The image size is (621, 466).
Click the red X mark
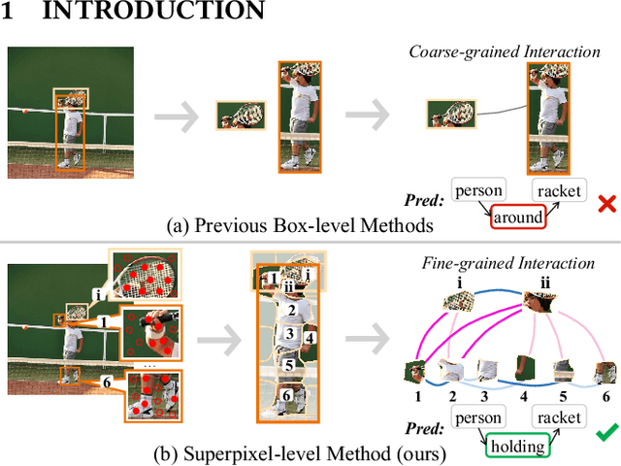607,204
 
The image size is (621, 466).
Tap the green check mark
607,433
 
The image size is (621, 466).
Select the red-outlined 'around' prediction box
517,217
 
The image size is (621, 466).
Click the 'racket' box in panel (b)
559,418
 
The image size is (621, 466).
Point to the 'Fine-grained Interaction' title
507,263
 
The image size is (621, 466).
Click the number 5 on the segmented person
288,366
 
